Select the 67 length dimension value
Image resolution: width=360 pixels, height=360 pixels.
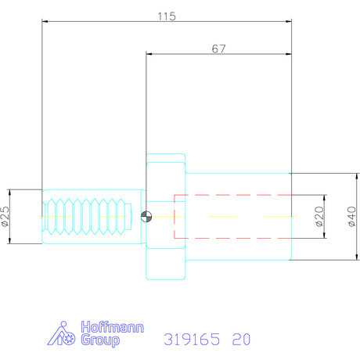219,49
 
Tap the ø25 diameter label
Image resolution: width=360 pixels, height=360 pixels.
5,216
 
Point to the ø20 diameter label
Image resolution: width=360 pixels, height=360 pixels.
320,216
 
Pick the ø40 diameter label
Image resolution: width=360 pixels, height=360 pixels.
351,216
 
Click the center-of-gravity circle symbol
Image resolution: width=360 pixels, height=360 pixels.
146,217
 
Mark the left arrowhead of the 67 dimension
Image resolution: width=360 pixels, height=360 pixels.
147,55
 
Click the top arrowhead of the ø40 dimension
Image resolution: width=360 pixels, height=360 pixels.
359,174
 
